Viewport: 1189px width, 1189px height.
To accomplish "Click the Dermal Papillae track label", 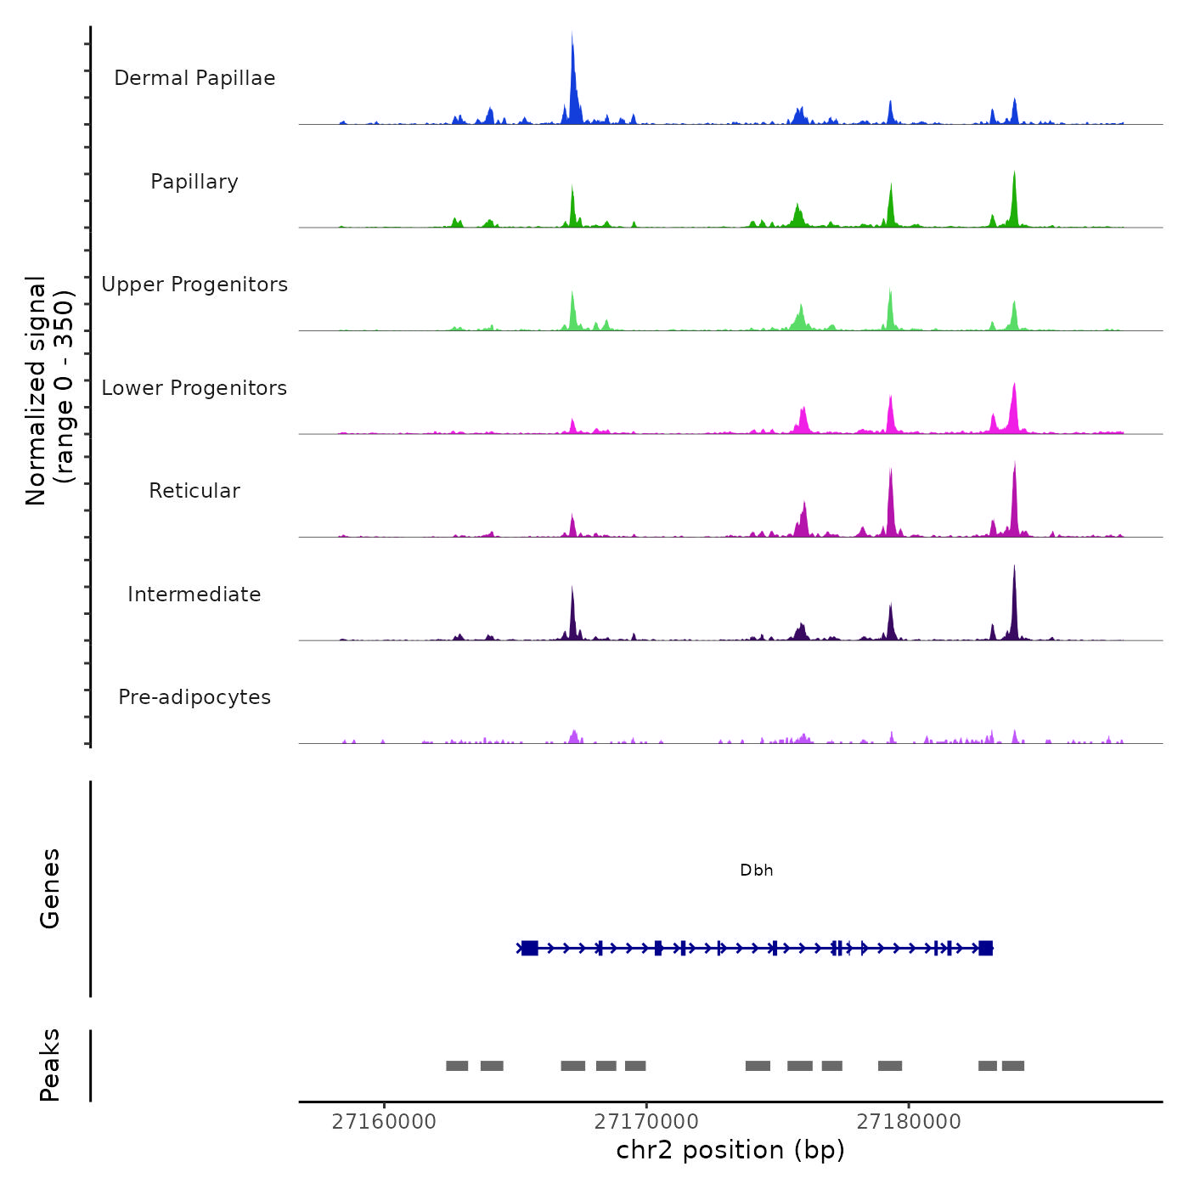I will [194, 78].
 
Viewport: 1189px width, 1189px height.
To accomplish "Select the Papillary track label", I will [194, 182].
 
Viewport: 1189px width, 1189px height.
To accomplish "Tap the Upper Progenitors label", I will [194, 285].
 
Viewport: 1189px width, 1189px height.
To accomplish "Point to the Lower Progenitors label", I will [194, 388].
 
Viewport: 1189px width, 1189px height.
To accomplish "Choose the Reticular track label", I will [194, 491].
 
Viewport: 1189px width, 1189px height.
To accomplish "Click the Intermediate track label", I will [194, 594].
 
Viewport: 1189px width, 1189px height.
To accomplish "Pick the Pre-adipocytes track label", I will [194, 697].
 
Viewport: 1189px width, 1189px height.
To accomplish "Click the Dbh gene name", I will [757, 871].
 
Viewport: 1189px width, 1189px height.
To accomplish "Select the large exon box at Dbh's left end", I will [530, 948].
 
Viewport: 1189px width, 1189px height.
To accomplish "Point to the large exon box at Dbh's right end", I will [985, 948].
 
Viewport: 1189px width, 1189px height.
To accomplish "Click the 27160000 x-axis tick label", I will [384, 1122].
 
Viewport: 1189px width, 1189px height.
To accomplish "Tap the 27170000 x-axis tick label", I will [646, 1122].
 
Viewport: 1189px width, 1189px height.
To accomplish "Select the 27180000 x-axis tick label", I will [909, 1122].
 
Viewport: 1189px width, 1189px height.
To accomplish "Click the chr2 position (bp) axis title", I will [730, 1150].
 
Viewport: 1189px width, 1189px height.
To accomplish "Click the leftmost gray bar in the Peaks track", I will [457, 1066].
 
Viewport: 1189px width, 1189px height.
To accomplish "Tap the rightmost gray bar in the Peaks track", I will [1012, 1066].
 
